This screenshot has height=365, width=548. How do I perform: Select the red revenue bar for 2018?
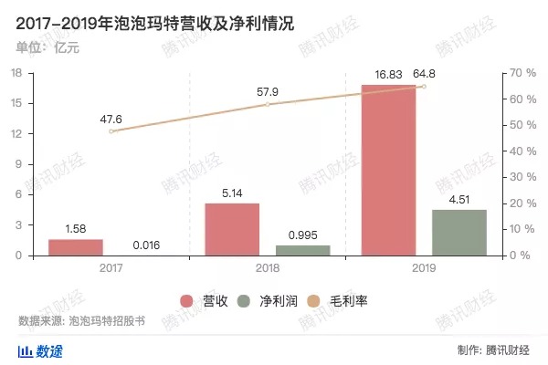pos(232,229)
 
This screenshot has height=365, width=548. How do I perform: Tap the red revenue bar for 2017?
pos(75,247)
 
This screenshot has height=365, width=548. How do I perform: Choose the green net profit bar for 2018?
pos(302,250)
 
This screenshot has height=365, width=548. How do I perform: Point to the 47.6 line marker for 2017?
pos(111,131)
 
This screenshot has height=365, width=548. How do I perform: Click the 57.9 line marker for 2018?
pos(268,104)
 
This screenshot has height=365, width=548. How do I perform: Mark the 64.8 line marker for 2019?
pos(424,87)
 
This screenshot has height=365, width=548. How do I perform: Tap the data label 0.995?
pos(302,235)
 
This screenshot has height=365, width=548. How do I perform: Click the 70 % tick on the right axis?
pos(518,73)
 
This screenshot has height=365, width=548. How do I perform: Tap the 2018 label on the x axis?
pos(268,267)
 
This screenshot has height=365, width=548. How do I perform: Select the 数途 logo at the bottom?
pos(41,350)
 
